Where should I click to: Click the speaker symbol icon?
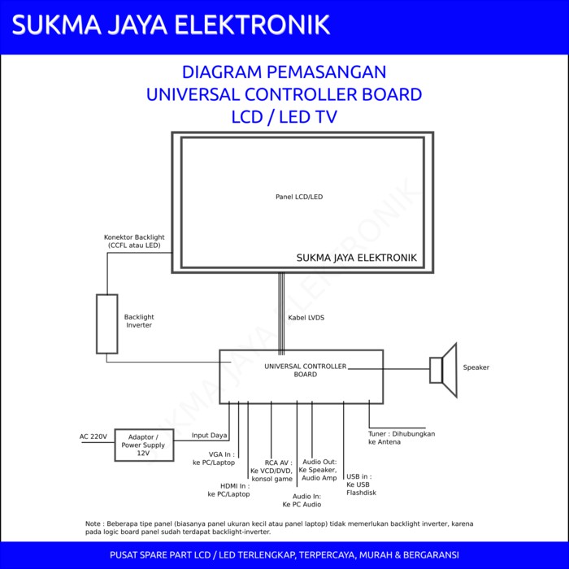[x=444, y=370]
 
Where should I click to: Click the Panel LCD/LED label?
[x=299, y=197]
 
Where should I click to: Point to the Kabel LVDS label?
[x=306, y=318]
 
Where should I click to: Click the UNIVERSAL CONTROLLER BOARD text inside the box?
[x=306, y=370]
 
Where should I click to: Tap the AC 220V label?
[x=93, y=437]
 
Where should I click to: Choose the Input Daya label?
[x=210, y=435]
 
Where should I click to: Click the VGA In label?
[x=214, y=458]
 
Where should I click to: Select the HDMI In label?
[x=228, y=490]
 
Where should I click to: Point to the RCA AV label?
[x=271, y=471]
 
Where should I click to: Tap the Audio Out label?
[x=319, y=470]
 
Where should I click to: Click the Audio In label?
[x=302, y=500]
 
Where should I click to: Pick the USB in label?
[x=361, y=484]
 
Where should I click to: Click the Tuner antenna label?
[x=402, y=437]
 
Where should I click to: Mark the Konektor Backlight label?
[x=134, y=241]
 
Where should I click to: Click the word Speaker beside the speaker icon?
[x=476, y=367]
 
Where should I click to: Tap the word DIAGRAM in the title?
[x=222, y=72]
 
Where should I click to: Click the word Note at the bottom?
[x=93, y=523]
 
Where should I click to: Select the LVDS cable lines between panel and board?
[x=281, y=314]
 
